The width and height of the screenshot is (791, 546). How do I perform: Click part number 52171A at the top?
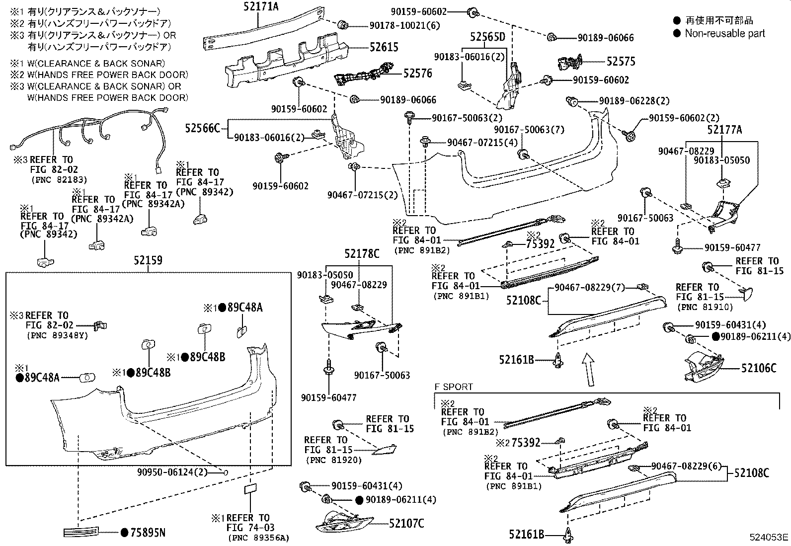pyautogui.click(x=261, y=6)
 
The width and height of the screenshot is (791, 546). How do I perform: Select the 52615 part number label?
pyautogui.click(x=384, y=47)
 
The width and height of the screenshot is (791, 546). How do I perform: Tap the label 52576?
pyautogui.click(x=418, y=73)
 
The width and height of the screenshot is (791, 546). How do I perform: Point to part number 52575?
pyautogui.click(x=621, y=62)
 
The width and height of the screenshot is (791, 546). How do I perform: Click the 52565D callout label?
pyautogui.click(x=487, y=37)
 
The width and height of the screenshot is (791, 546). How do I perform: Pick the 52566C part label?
pyautogui.click(x=202, y=128)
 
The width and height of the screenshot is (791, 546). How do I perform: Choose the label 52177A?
pyautogui.click(x=724, y=130)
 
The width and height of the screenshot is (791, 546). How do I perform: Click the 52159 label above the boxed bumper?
pyautogui.click(x=148, y=260)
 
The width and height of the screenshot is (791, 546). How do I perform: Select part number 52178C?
pyautogui.click(x=362, y=253)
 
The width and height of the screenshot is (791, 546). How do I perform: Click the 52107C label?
pyautogui.click(x=406, y=523)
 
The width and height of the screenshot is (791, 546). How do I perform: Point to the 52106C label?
pyautogui.click(x=759, y=368)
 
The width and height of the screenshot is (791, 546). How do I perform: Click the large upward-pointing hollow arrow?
pyautogui.click(x=588, y=370)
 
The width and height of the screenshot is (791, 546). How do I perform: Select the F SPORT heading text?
pyautogui.click(x=453, y=387)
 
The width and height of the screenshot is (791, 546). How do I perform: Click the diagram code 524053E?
pyautogui.click(x=769, y=537)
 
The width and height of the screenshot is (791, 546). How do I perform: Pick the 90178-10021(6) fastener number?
pyautogui.click(x=404, y=25)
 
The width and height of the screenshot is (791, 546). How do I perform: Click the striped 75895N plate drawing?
pyautogui.click(x=81, y=532)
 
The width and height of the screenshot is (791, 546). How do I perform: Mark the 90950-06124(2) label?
pyautogui.click(x=172, y=472)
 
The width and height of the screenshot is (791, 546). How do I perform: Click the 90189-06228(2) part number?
pyautogui.click(x=634, y=101)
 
